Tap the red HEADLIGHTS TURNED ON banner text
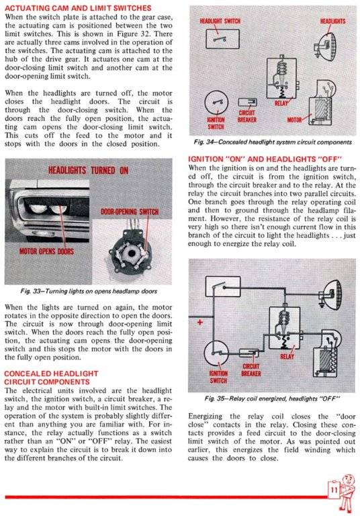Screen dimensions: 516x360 (87, 169)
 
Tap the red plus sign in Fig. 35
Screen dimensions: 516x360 (199, 322)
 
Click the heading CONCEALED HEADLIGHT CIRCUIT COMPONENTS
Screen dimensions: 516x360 (52, 377)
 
